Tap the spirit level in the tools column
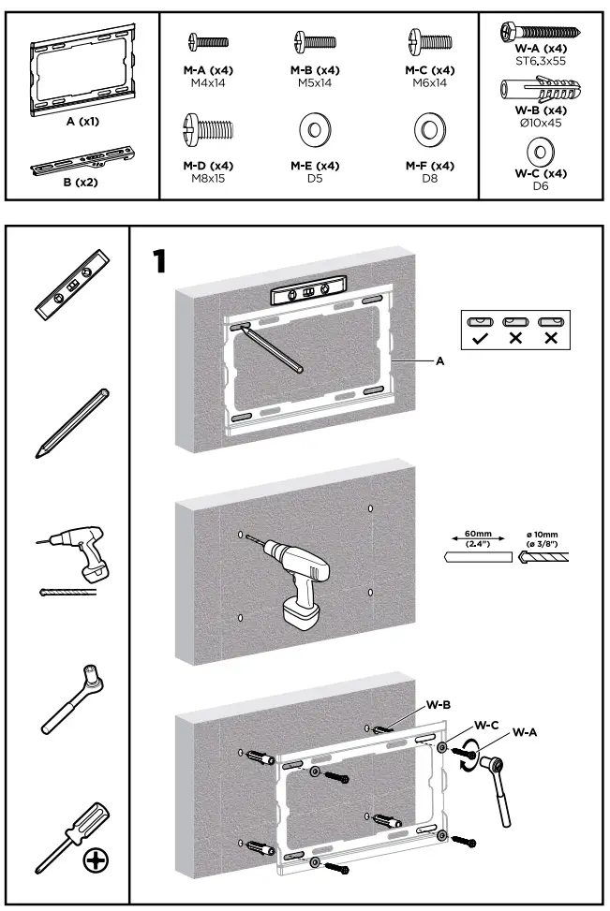click(x=72, y=286)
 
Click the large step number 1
click(x=160, y=261)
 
